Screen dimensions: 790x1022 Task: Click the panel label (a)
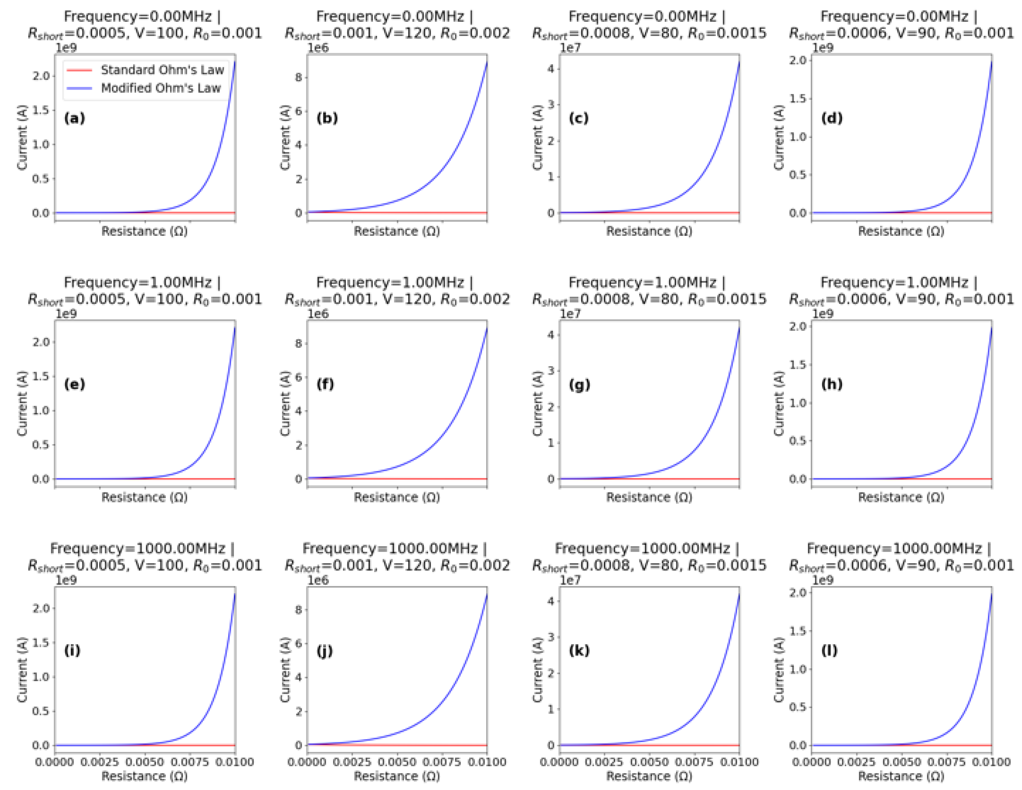pos(75,118)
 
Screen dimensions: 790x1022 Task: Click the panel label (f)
pos(325,384)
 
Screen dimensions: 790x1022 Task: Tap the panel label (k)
pos(579,650)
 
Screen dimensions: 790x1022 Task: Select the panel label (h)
pos(832,384)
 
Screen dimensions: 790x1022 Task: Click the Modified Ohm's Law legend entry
pos(161,88)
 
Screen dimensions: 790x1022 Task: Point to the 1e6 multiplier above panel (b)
pos(318,48)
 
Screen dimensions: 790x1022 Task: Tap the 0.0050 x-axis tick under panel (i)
pos(145,762)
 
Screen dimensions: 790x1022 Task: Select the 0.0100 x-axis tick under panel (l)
pos(991,762)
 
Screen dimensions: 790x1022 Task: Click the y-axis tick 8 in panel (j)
pos(298,610)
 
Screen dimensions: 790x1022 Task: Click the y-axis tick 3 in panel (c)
pos(551,104)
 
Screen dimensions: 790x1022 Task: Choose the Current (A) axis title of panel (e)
pos(22,404)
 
